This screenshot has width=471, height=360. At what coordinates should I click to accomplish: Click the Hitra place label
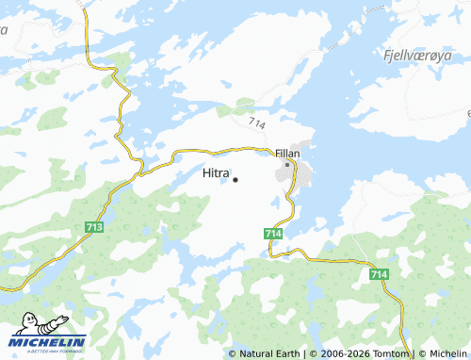pos(216,173)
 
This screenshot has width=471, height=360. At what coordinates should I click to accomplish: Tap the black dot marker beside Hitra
pos(235,180)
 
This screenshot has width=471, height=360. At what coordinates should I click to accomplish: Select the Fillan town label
pos(287,153)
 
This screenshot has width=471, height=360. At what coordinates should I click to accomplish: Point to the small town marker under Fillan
pos(287,164)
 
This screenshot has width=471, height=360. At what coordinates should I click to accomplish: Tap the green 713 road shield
pos(94,227)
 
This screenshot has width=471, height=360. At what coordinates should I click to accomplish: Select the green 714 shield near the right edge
pos(379,273)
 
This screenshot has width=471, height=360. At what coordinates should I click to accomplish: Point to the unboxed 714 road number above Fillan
pos(258,123)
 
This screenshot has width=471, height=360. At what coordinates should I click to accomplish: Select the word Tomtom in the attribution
pos(391,354)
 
